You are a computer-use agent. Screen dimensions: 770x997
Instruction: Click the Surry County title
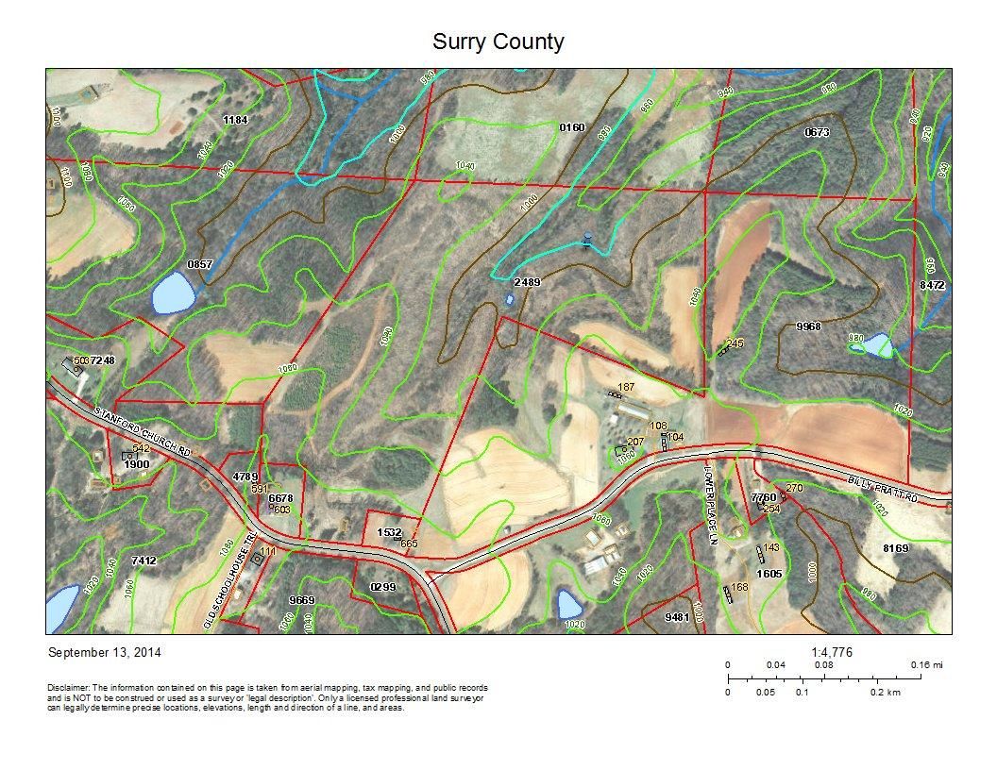click(498, 42)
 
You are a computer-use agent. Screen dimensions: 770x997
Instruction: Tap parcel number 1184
click(234, 120)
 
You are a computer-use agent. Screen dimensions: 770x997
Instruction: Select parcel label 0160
click(572, 127)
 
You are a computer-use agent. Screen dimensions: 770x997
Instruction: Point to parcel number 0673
click(817, 133)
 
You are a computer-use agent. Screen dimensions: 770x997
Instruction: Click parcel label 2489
click(527, 282)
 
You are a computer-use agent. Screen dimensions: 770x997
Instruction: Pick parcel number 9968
click(808, 326)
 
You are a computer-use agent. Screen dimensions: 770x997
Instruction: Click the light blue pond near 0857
click(173, 293)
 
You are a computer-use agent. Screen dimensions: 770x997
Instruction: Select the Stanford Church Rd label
click(144, 432)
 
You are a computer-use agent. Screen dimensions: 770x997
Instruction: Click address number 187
click(625, 388)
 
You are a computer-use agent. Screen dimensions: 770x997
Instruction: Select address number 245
click(735, 343)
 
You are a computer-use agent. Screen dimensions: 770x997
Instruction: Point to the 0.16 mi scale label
click(926, 665)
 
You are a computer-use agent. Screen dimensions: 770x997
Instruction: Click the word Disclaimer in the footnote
click(68, 688)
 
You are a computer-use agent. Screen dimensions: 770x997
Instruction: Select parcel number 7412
click(144, 561)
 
